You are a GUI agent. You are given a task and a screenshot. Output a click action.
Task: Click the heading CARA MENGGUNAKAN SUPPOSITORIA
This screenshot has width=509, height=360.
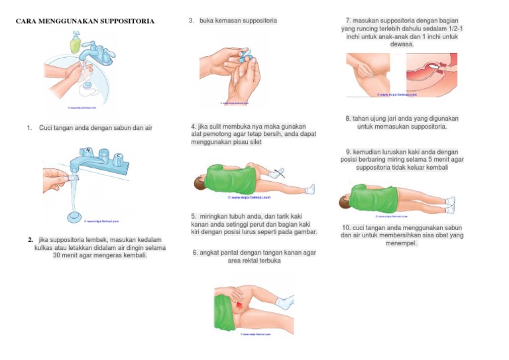(84, 22)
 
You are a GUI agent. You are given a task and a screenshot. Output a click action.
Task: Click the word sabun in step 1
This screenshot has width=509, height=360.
(125, 127)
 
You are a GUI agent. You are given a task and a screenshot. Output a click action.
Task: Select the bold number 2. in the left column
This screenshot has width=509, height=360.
(30, 239)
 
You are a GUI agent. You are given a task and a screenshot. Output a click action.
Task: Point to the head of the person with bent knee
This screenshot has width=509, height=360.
(199, 181)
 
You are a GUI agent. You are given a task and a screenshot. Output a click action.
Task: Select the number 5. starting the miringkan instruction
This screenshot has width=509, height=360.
(194, 216)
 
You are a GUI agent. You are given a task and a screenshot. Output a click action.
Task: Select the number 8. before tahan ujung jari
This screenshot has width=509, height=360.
(348, 118)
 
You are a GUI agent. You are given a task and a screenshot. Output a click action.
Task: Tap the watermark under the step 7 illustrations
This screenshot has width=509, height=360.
(398, 95)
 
